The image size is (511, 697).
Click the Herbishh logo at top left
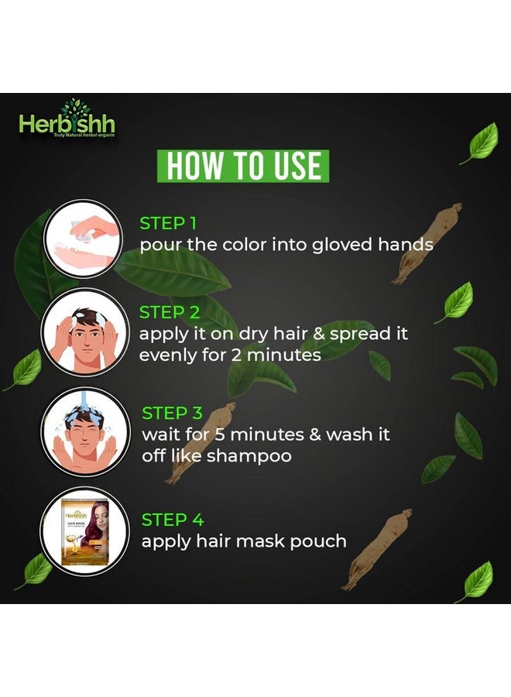pyautogui.click(x=67, y=121)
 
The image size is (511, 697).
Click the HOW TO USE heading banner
pyautogui.click(x=243, y=167)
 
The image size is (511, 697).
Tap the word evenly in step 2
pyautogui.click(x=166, y=355)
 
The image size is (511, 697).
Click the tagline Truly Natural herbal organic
pyautogui.click(x=88, y=137)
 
